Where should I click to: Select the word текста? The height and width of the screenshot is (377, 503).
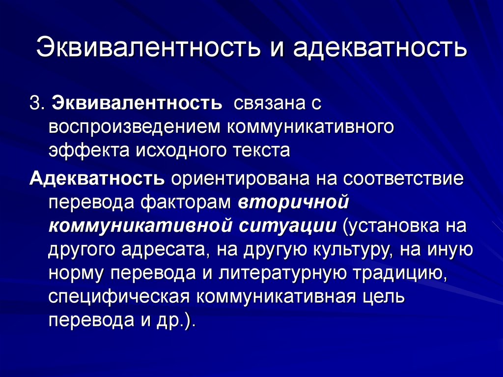point(261,150)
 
